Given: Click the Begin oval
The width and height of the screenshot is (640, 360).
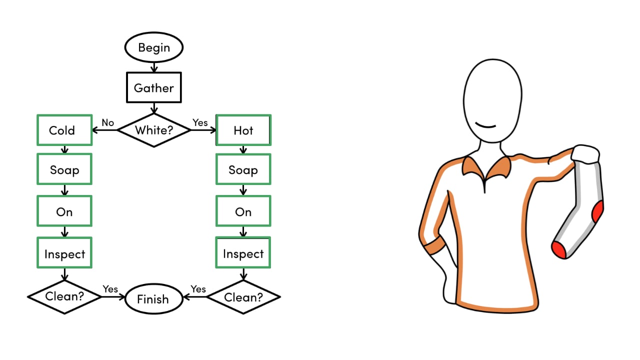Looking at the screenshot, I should (x=153, y=48).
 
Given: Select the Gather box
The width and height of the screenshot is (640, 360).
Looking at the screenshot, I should (x=153, y=88).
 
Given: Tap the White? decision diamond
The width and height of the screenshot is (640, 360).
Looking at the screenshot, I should (x=153, y=130).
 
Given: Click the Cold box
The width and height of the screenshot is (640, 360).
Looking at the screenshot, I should (x=64, y=130).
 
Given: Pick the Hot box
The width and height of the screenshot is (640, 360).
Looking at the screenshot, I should (x=243, y=130).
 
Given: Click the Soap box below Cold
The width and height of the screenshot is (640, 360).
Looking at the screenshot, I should (x=64, y=170).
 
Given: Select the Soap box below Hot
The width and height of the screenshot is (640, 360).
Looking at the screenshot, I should (x=243, y=170).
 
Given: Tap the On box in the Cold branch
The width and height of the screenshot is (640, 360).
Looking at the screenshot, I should (x=64, y=211).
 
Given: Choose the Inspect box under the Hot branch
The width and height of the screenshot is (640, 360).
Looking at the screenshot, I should (x=243, y=253).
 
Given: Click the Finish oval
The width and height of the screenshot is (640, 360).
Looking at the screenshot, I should (x=153, y=299).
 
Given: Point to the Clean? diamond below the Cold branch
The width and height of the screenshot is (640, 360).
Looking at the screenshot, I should (x=64, y=296).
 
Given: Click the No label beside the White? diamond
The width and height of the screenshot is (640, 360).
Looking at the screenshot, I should (x=108, y=122).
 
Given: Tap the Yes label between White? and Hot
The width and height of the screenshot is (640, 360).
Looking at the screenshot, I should (x=200, y=122).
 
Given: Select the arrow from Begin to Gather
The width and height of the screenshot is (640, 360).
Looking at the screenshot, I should (x=153, y=66).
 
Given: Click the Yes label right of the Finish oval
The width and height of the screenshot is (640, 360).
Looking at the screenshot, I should (x=198, y=289).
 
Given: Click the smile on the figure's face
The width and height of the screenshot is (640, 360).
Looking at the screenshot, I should (x=484, y=124).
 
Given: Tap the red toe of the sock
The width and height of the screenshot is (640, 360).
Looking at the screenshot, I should (x=559, y=249).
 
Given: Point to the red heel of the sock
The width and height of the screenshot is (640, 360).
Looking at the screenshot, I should (x=598, y=212).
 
